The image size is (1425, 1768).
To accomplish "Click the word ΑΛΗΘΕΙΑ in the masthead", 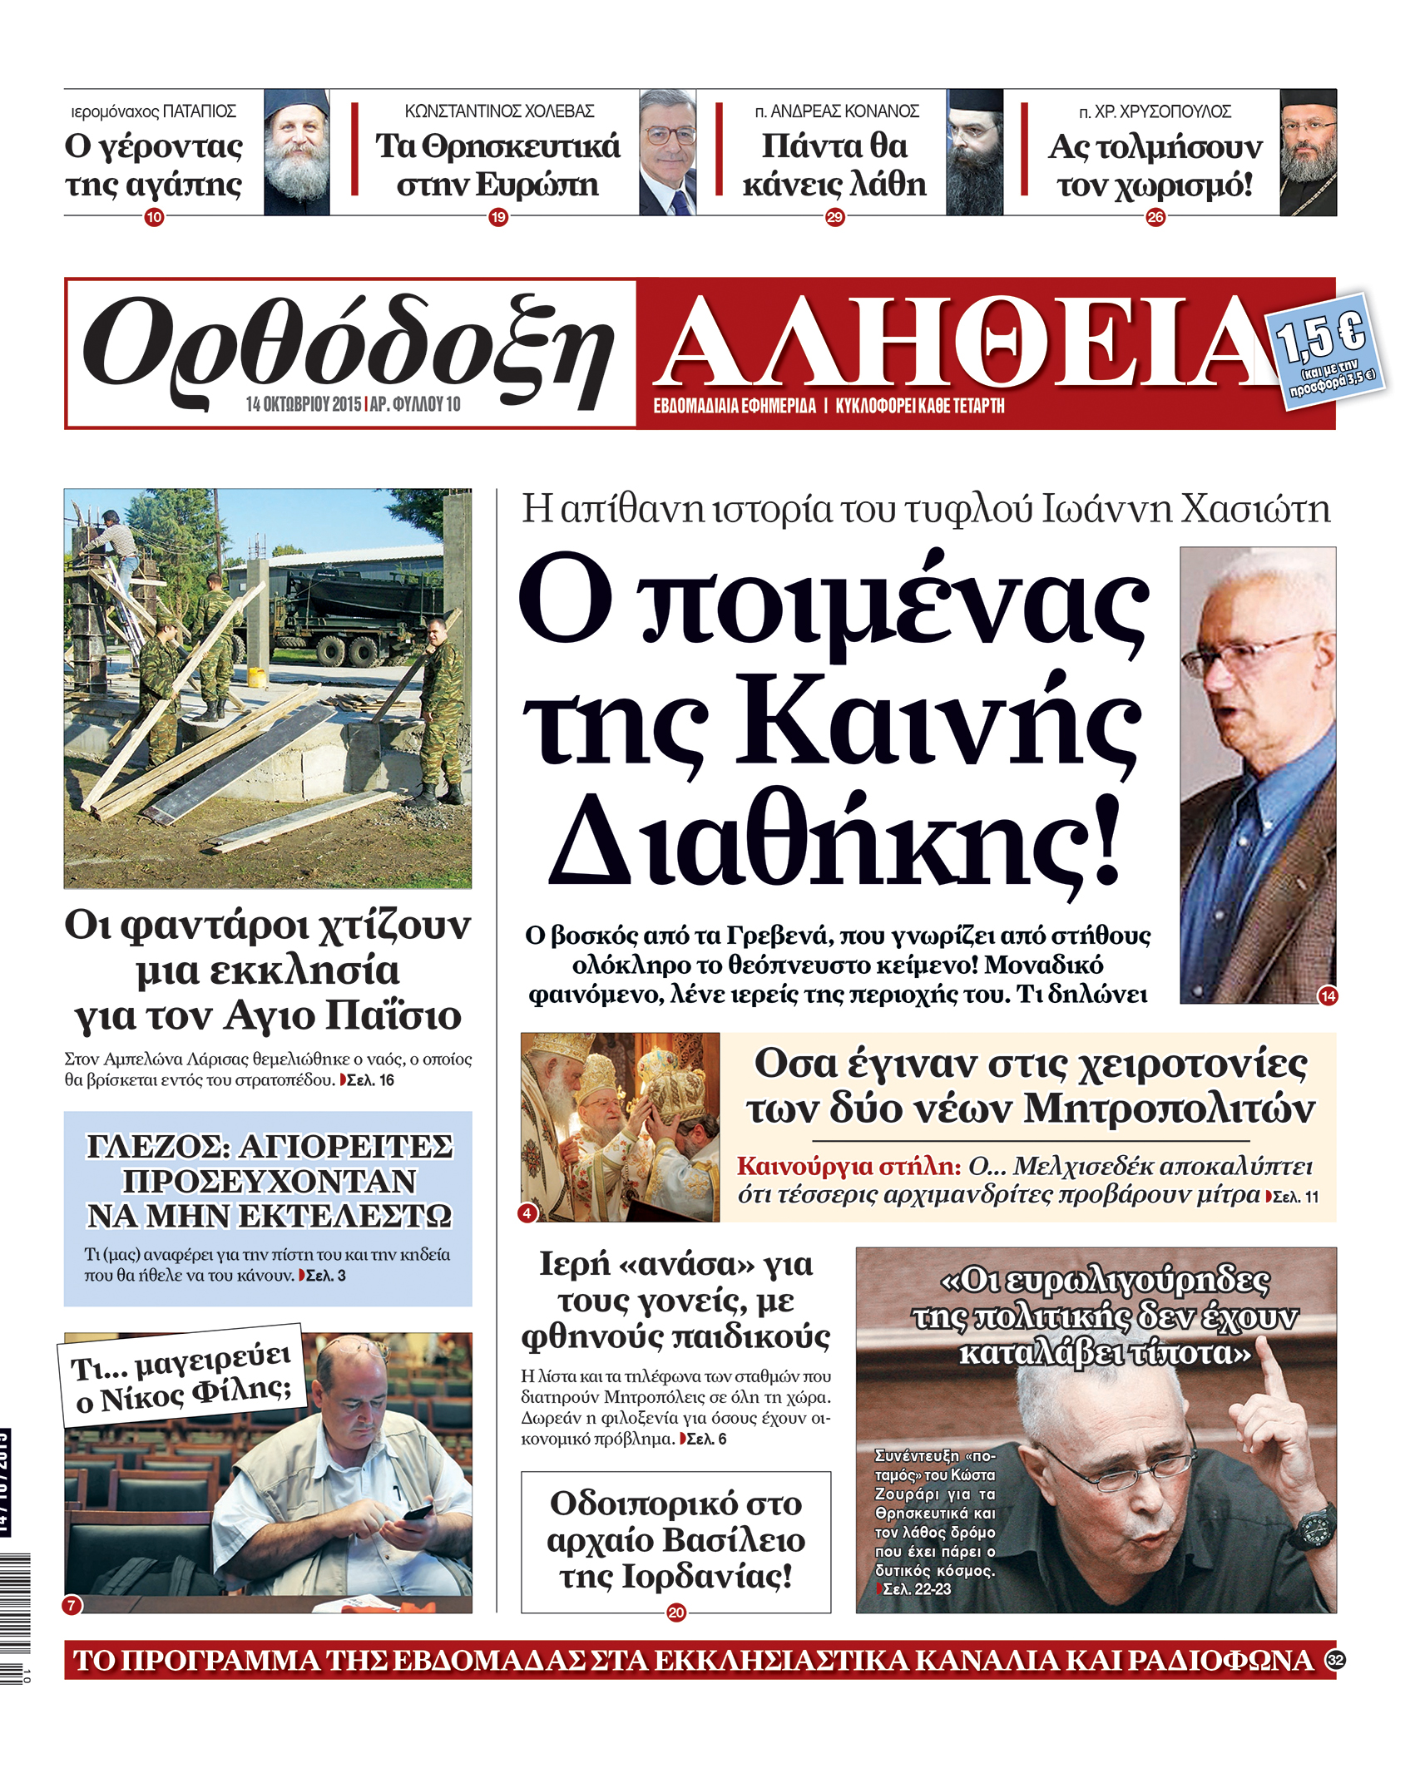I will point(965,343).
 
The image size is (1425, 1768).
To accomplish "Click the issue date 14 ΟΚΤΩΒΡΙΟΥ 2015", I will point(304,405).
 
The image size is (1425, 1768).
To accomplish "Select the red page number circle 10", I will point(154,218).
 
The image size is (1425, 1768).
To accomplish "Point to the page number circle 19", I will point(498,218).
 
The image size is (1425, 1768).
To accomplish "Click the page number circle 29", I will point(834,218).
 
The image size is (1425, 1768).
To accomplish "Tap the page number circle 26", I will point(1155,218).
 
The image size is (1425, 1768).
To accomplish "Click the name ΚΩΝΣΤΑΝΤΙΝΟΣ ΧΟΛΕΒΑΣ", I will point(499,111).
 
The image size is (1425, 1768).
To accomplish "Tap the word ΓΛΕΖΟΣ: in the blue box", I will point(158,1148).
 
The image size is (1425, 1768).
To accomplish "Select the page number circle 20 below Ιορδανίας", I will point(676,1612).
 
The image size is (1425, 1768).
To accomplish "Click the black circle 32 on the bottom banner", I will point(1335,1660).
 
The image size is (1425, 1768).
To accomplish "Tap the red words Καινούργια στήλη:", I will point(849,1166).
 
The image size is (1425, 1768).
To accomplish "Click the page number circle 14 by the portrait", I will point(1329,995).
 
